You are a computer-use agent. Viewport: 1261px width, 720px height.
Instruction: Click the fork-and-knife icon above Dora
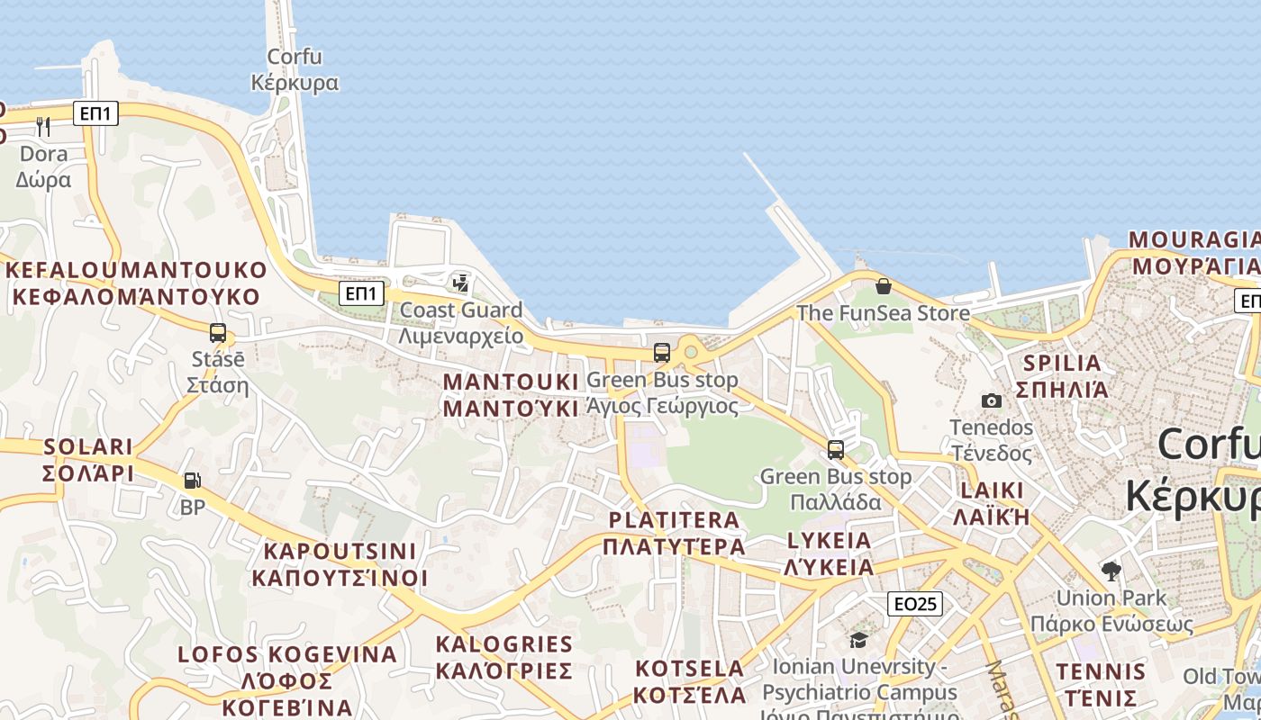click(x=43, y=126)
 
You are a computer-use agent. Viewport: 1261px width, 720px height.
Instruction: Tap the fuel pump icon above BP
click(x=192, y=481)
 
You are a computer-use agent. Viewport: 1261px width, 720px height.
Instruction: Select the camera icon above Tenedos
click(x=991, y=400)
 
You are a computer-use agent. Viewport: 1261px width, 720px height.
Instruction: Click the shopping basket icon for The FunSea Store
click(x=883, y=286)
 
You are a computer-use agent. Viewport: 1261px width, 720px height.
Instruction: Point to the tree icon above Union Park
click(x=1111, y=571)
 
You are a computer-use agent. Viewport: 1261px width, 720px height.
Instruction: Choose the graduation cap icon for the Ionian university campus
click(x=858, y=640)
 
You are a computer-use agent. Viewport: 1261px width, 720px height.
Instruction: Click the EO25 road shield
click(x=914, y=604)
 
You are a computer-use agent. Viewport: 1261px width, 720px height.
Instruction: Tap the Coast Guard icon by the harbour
click(x=460, y=283)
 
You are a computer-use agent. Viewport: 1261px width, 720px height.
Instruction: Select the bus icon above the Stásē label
click(x=218, y=333)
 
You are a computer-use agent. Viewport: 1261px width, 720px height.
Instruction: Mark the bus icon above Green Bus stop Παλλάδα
click(x=836, y=449)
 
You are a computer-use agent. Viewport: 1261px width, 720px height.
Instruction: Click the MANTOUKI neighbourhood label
click(x=510, y=394)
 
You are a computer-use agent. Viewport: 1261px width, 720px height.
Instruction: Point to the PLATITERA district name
click(x=674, y=533)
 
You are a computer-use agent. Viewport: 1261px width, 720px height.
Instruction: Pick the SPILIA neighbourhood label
click(x=1062, y=376)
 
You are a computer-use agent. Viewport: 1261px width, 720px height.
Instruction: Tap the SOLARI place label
click(x=88, y=459)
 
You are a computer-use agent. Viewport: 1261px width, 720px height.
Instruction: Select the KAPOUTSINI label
click(x=340, y=563)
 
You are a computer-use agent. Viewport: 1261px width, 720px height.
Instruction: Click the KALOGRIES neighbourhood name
click(x=503, y=657)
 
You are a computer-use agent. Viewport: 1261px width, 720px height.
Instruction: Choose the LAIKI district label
click(x=993, y=503)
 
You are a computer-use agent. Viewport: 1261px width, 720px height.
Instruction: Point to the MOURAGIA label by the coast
click(x=1193, y=252)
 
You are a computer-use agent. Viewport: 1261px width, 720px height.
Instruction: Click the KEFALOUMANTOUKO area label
click(x=136, y=283)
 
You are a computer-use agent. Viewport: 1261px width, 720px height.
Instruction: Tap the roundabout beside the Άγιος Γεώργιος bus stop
click(x=691, y=350)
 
